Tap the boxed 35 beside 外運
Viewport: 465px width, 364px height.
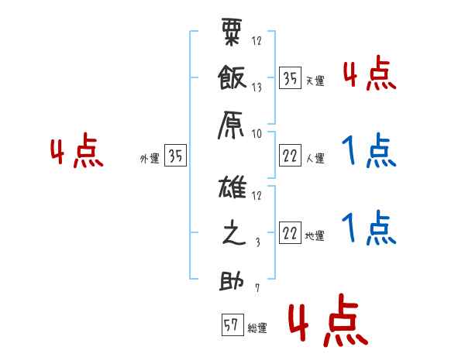174,156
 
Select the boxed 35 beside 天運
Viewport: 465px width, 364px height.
290,79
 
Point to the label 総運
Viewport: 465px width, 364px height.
257,328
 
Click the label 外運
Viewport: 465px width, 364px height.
149,158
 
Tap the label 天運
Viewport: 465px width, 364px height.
315,81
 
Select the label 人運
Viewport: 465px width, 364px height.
315,159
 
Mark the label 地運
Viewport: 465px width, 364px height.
315,235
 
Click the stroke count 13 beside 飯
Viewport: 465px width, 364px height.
257,88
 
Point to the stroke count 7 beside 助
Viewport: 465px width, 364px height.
257,288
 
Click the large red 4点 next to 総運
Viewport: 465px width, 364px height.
327,324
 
